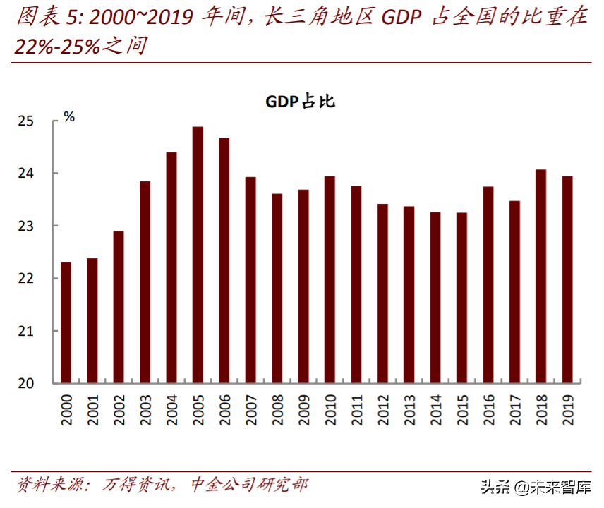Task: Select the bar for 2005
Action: (x=198, y=255)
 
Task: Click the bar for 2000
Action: (x=66, y=322)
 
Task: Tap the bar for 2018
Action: (x=540, y=276)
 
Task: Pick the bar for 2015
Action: (x=461, y=298)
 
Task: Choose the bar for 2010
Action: (x=330, y=279)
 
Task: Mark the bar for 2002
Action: (x=119, y=307)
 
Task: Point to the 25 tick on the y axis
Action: (x=25, y=121)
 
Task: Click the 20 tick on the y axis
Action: (x=25, y=383)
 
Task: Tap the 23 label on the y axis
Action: (x=25, y=226)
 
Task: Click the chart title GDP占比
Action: (x=300, y=102)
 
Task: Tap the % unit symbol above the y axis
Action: (x=69, y=117)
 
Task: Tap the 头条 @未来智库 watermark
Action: (x=536, y=487)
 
